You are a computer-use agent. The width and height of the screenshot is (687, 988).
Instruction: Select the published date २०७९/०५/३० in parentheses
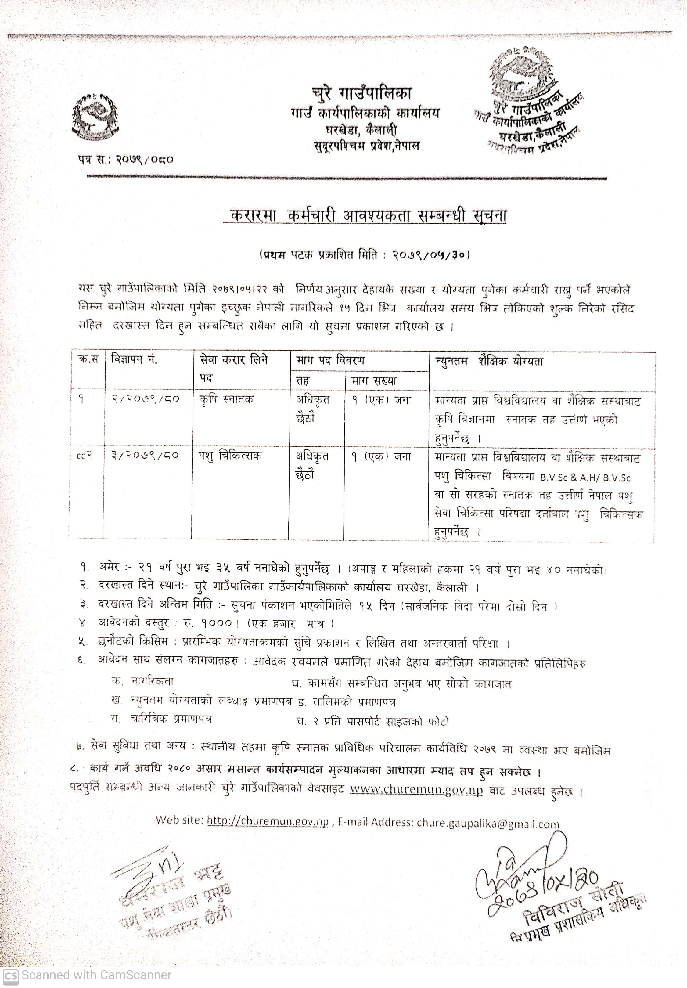coord(430,255)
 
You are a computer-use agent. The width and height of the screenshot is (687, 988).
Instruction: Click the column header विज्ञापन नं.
coord(134,359)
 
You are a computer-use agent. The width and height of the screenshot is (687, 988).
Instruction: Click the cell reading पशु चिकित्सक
coord(230,455)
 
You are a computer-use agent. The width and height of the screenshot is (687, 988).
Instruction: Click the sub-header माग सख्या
coord(373,380)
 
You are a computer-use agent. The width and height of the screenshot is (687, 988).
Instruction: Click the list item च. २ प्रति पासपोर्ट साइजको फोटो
coord(372,721)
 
